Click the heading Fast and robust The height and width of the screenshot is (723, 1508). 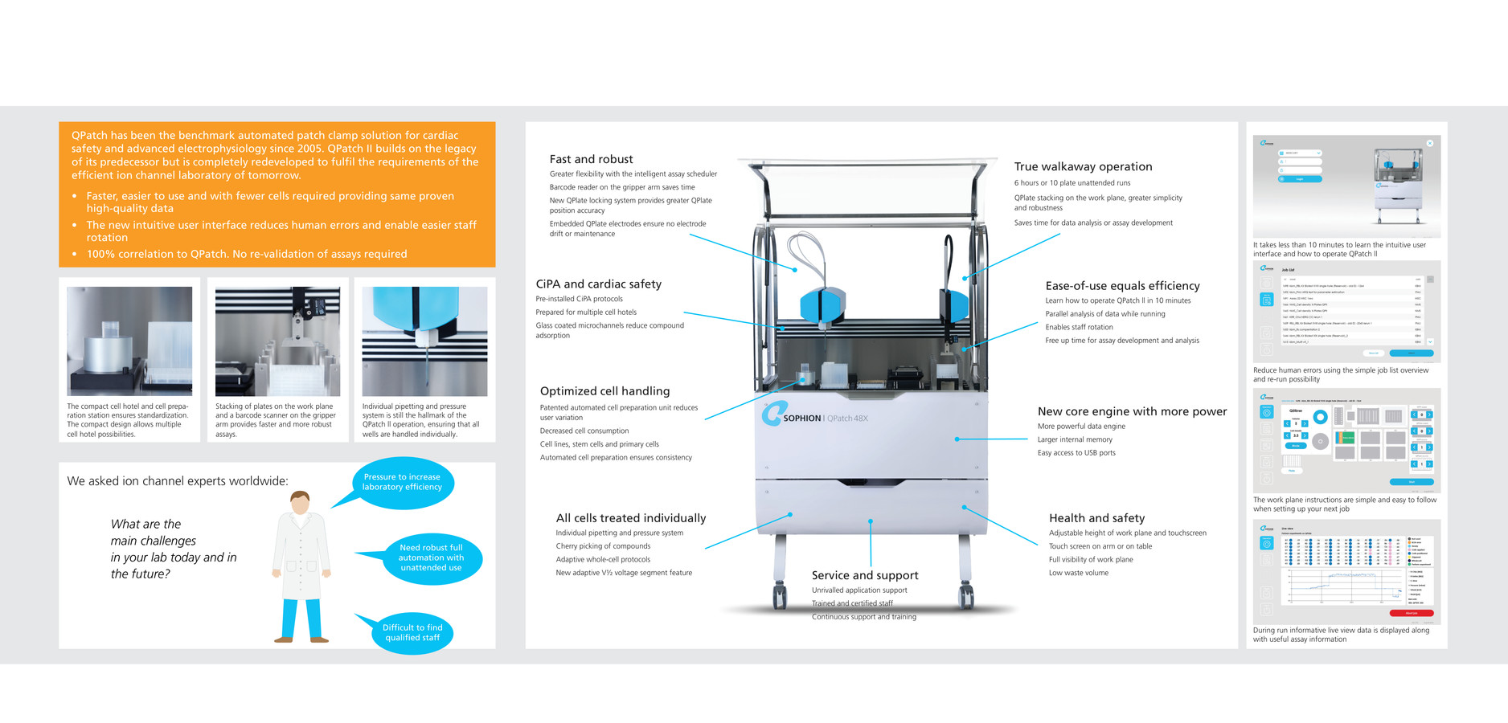[x=591, y=159]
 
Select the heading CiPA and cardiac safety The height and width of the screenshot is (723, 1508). [x=598, y=284]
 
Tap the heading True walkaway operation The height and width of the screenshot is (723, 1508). [x=1082, y=166]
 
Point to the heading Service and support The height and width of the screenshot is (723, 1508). [x=864, y=575]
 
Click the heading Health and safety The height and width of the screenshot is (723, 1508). [x=1096, y=518]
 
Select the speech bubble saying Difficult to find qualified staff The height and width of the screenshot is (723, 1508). [x=412, y=632]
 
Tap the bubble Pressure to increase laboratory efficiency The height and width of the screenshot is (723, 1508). [x=402, y=482]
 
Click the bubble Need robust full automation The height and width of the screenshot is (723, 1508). [x=431, y=558]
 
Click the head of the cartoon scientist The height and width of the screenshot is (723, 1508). [x=300, y=503]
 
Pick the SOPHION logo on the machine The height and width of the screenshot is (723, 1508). [x=792, y=416]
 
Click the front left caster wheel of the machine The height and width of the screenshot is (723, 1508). [x=779, y=596]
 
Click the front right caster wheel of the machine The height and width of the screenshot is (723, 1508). [x=966, y=596]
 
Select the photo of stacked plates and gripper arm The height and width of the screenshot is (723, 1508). [x=277, y=341]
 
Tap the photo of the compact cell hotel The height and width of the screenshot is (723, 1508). [x=129, y=341]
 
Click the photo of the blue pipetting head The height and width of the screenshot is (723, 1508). [x=424, y=341]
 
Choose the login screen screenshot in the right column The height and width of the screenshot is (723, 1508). [x=1346, y=186]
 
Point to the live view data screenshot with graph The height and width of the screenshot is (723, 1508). [x=1346, y=571]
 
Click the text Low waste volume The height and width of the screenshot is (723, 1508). [x=1078, y=573]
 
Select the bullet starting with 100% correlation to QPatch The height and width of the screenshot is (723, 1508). [x=246, y=254]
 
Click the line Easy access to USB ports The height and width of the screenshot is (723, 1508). [x=1076, y=453]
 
